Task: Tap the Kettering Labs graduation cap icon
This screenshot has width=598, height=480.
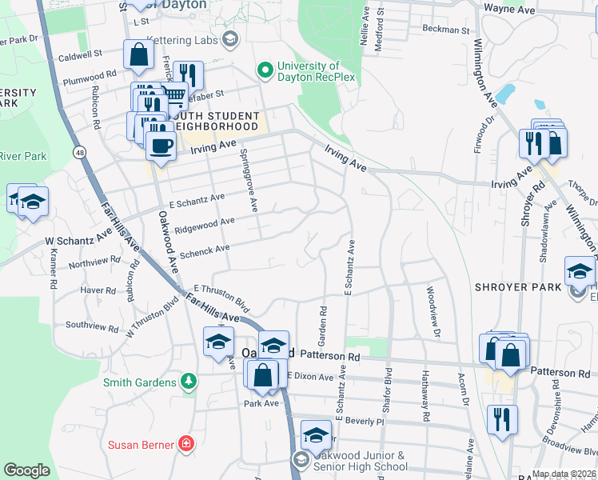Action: pos(230,39)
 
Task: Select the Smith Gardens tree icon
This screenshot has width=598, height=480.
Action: pos(188,382)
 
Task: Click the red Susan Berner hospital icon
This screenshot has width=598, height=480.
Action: pos(186,442)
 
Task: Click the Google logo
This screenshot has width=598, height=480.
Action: pos(26,470)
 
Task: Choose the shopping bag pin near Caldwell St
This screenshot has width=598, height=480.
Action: pos(139,55)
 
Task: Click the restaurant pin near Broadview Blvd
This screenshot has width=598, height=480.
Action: pos(502,419)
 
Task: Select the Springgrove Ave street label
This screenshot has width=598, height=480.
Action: pos(248,180)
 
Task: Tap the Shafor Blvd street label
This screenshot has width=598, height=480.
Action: pos(388,389)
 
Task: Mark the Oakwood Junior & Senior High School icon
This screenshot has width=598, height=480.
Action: pos(301,460)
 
